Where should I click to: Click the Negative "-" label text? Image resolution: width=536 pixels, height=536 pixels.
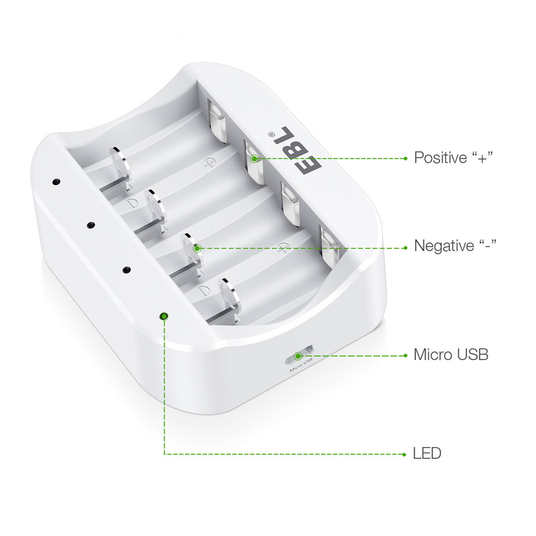click(x=455, y=246)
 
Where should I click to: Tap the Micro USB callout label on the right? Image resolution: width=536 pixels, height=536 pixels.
click(x=451, y=355)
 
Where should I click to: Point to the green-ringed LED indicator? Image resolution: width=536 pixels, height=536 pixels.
click(x=164, y=316)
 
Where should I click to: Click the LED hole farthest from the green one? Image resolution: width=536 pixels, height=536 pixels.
click(x=56, y=182)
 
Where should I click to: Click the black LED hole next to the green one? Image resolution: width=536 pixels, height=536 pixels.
click(x=126, y=270)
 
